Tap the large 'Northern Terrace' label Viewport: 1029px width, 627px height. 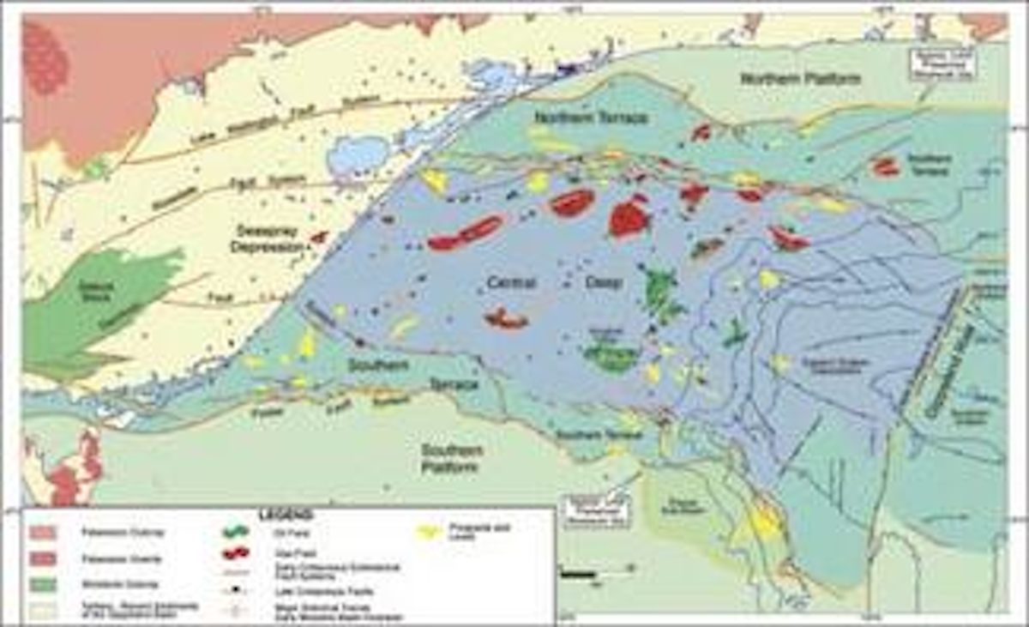pos(591,118)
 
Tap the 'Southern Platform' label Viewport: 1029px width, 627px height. pos(451,458)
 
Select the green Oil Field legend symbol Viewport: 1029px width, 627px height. pos(236,532)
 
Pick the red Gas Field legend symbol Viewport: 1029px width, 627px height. pos(236,553)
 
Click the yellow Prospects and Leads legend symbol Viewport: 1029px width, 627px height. pos(427,533)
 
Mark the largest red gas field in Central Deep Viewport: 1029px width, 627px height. pos(630,217)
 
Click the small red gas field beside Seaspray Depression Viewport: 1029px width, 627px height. pos(319,237)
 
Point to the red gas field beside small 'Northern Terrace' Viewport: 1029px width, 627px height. pos(886,167)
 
